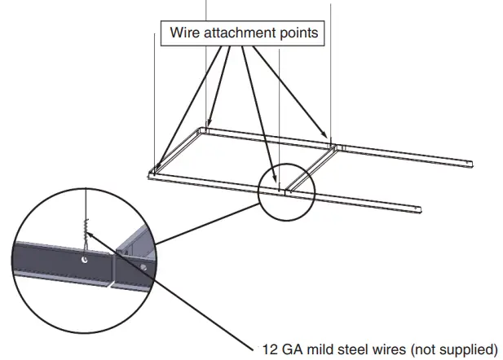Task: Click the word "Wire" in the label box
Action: click(183, 34)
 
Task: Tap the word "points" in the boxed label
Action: click(298, 34)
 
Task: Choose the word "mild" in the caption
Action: click(320, 348)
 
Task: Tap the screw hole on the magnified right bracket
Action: click(143, 266)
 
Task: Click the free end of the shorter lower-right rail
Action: click(417, 210)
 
